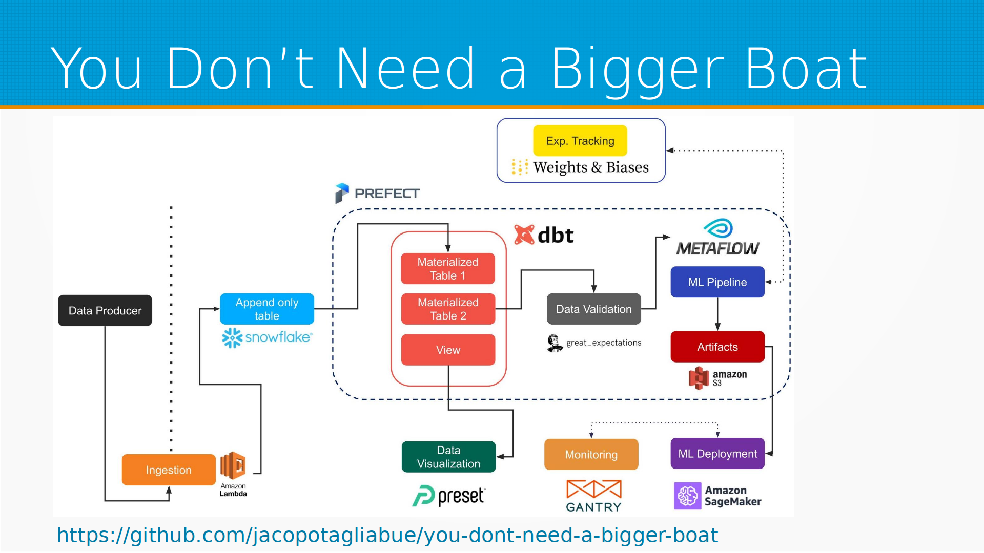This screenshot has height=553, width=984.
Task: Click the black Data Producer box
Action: click(105, 310)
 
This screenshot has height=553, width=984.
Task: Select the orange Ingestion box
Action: click(169, 470)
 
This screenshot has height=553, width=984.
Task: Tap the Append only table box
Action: click(267, 309)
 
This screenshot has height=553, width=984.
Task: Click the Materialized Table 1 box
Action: click(448, 268)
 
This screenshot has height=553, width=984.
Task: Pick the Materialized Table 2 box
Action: click(448, 309)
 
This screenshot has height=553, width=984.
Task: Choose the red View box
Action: click(448, 350)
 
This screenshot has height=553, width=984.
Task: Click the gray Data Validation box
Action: click(594, 309)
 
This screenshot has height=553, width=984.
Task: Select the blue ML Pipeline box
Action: click(717, 282)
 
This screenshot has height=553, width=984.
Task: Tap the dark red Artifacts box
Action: click(717, 347)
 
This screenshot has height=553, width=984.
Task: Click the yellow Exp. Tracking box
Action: click(580, 141)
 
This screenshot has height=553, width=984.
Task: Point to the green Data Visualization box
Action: click(448, 457)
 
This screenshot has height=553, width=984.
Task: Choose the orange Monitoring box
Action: click(591, 454)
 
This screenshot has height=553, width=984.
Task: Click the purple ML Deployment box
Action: click(717, 454)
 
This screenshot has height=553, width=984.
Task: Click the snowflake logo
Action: click(267, 337)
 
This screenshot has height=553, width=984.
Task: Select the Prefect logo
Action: click(377, 194)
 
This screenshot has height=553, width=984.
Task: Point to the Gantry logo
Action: click(594, 496)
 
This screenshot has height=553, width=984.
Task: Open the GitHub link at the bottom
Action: click(387, 536)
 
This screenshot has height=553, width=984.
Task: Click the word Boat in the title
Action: click(806, 69)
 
